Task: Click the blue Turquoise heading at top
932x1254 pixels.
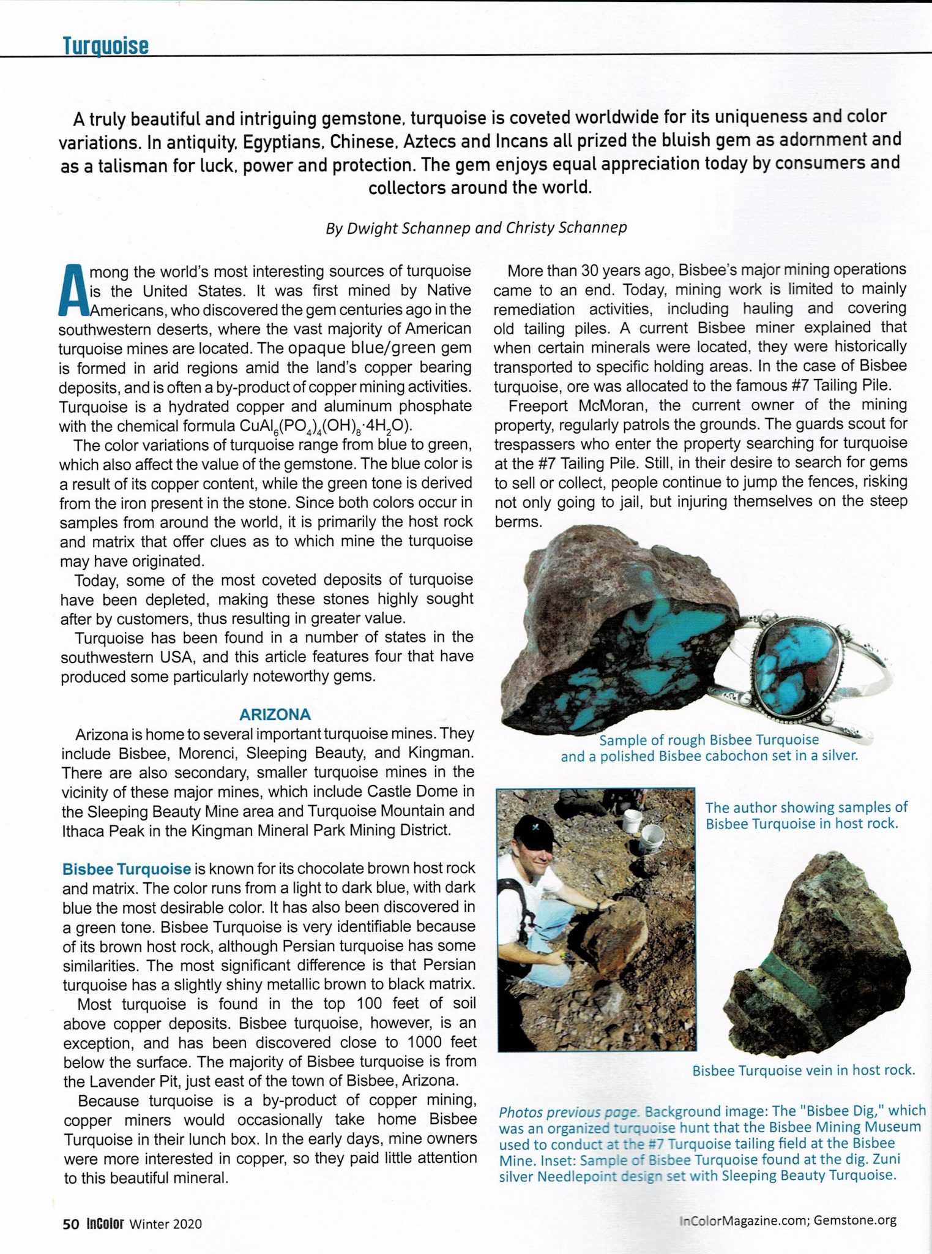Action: [106, 45]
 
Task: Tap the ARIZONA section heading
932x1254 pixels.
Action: [275, 715]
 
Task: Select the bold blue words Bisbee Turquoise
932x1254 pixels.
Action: [127, 869]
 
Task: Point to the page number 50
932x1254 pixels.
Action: [70, 1223]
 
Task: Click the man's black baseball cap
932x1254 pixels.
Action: [533, 830]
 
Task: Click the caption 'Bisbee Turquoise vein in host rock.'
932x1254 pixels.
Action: [803, 1070]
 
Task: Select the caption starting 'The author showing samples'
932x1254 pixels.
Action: [806, 815]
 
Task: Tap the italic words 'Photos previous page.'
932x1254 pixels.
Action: [569, 1112]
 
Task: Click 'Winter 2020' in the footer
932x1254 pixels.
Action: [166, 1224]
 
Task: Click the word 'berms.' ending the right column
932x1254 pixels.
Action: [518, 522]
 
